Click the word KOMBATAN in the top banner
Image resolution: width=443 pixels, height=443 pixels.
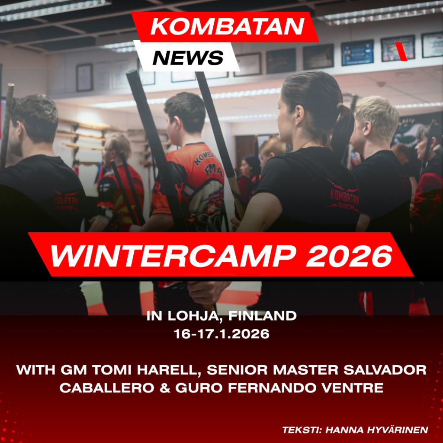pos(228,26)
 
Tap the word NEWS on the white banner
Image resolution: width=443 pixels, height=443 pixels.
pos(188,58)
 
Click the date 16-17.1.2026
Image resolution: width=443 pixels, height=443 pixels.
pos(221,334)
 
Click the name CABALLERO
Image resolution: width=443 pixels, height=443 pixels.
pos(107,388)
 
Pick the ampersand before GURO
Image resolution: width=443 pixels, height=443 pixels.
pos(165,388)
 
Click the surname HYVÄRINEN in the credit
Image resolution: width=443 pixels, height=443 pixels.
pos(377,430)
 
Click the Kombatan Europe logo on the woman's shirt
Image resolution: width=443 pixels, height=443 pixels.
pos(344,196)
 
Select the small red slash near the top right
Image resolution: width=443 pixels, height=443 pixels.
pos(401,51)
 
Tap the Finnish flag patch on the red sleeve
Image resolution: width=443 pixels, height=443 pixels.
pos(105,188)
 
